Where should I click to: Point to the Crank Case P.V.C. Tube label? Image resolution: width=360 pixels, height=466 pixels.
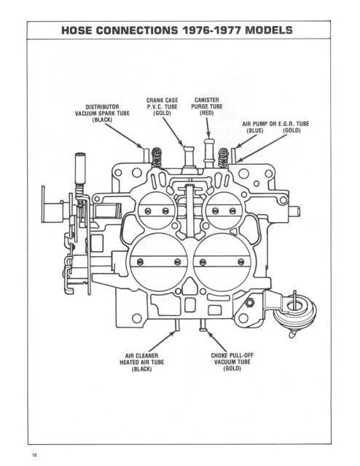pyautogui.click(x=163, y=107)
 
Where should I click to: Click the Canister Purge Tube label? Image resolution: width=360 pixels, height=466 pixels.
pyautogui.click(x=207, y=107)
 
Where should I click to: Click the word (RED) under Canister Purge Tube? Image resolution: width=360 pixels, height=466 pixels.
pyautogui.click(x=207, y=113)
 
